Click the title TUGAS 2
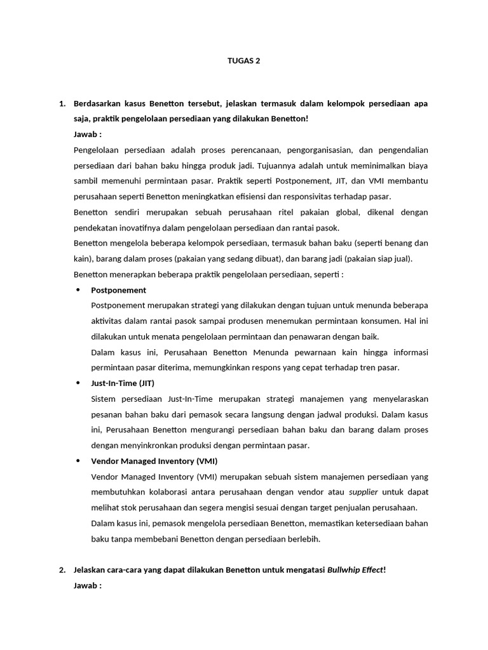244,61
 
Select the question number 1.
62,103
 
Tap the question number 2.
62,569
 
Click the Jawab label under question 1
88,134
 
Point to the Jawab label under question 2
88,585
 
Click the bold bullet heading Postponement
118,290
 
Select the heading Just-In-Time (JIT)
123,383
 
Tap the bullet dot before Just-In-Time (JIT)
79,383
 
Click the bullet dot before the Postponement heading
79,290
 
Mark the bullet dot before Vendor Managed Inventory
79,461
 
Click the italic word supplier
363,492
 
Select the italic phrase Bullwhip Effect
355,569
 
